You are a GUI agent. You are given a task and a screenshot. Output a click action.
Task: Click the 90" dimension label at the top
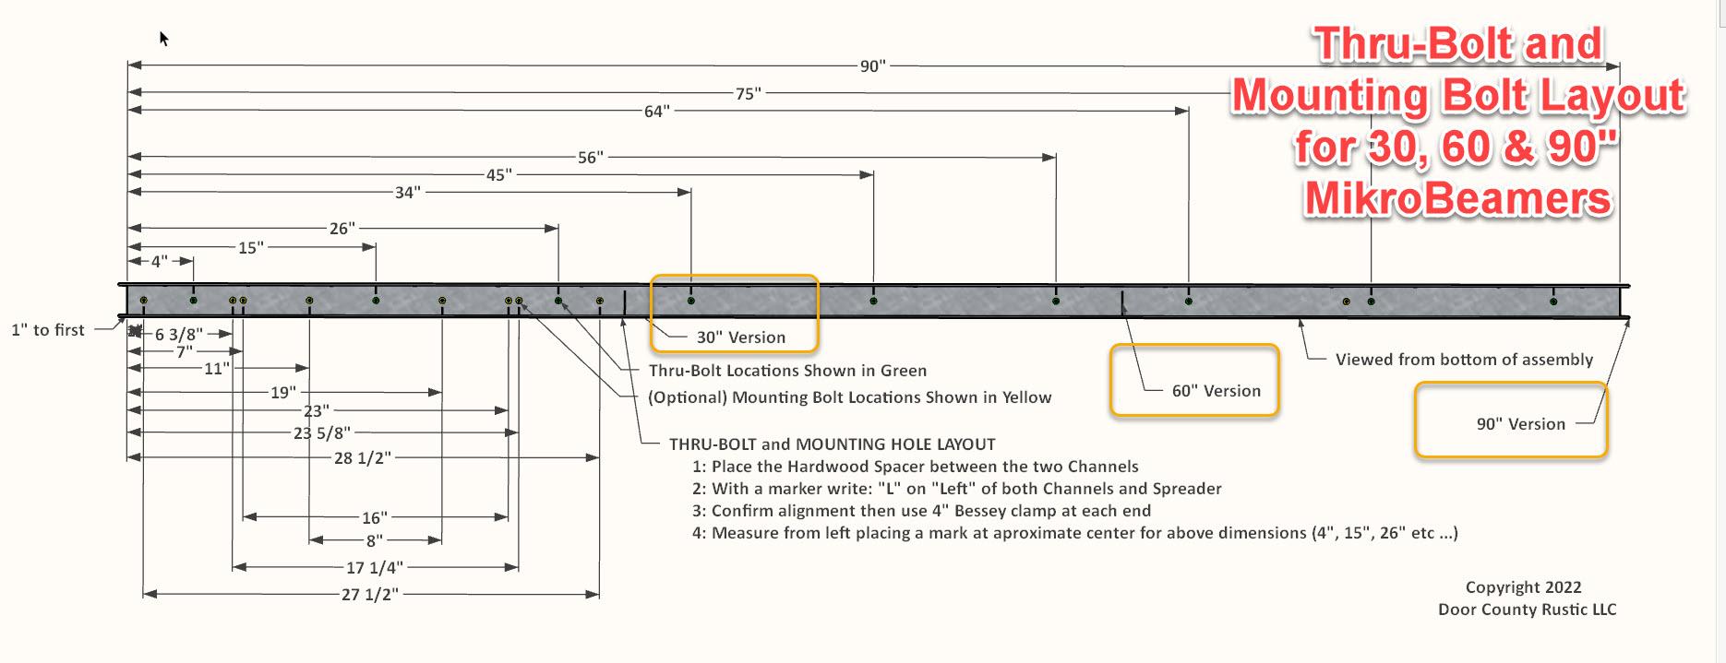[x=872, y=66]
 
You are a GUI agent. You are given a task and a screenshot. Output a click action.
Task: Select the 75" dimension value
[x=748, y=93]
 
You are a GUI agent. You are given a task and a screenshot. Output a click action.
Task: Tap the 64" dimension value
[x=656, y=112]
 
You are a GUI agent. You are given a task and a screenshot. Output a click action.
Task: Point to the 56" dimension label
[x=590, y=158]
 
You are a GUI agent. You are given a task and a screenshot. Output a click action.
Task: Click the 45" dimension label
[x=498, y=174]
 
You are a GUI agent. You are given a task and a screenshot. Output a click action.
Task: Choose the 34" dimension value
[x=407, y=193]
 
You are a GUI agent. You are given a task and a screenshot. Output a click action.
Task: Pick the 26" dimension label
[x=342, y=228]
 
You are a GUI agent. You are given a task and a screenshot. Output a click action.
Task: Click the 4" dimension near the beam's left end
[x=160, y=262]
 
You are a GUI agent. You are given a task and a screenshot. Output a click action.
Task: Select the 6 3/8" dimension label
[x=178, y=335]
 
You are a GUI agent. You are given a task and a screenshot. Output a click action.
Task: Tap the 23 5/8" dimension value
[x=321, y=432]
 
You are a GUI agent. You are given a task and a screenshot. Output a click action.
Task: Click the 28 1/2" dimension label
[x=362, y=457]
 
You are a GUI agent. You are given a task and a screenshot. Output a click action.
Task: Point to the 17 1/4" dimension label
[x=374, y=568]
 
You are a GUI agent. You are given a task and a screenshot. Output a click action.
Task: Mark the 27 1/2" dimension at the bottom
[x=369, y=595]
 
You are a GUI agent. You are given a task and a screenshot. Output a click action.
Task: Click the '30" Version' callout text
[x=740, y=337]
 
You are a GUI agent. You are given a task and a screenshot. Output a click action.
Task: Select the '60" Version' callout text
[x=1216, y=391]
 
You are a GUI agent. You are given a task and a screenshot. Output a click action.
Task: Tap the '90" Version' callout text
[x=1520, y=424]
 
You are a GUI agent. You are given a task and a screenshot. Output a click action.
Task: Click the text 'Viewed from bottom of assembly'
[x=1464, y=360]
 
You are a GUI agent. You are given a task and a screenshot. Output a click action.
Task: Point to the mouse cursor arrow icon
[x=163, y=38]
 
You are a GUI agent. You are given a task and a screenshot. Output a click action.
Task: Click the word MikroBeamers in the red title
[x=1457, y=197]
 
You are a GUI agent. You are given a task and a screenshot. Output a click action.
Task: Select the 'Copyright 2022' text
[x=1523, y=587]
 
